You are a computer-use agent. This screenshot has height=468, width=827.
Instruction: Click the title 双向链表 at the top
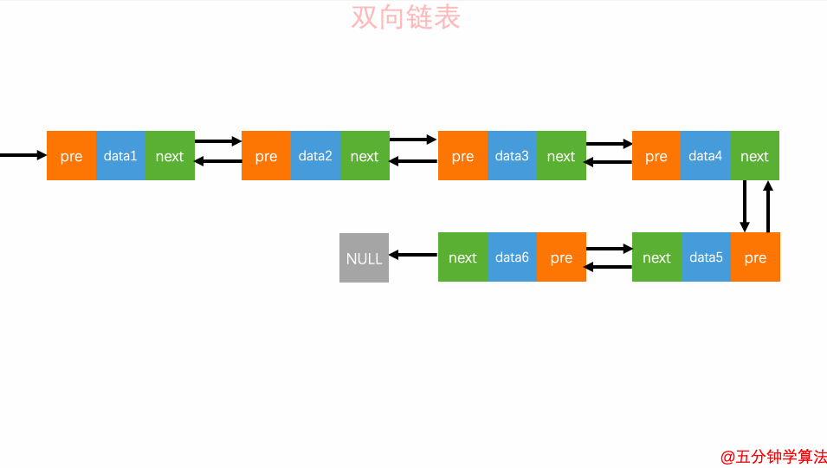coord(405,17)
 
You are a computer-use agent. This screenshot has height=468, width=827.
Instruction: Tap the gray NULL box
coord(364,257)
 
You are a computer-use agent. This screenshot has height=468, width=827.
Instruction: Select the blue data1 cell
coord(120,156)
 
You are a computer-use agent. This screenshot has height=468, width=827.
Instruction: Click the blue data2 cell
coord(315,156)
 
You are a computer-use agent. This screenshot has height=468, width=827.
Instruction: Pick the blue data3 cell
coord(512,156)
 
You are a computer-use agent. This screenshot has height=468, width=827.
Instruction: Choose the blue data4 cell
coord(706,156)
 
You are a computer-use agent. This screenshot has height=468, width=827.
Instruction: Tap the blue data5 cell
coord(706,257)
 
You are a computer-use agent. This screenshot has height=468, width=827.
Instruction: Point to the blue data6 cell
coord(512,257)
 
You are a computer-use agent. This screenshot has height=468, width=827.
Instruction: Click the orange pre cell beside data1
coord(71,156)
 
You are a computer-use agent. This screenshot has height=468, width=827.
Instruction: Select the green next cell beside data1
coord(170,156)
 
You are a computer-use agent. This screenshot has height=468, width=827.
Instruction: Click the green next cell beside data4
coord(754,156)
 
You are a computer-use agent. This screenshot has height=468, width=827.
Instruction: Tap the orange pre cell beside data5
coord(755,257)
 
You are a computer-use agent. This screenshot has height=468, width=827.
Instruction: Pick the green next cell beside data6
coord(462,257)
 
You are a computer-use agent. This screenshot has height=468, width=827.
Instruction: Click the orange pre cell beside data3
coord(462,156)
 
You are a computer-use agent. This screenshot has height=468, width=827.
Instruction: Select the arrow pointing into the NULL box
coord(413,255)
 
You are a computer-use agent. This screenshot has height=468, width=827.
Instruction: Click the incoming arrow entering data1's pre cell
coord(23,156)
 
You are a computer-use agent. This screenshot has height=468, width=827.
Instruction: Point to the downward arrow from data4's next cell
coord(745,206)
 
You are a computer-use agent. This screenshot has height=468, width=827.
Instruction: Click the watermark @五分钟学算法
coord(773,457)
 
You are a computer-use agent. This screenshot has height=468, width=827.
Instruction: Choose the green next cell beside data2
coord(365,156)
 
